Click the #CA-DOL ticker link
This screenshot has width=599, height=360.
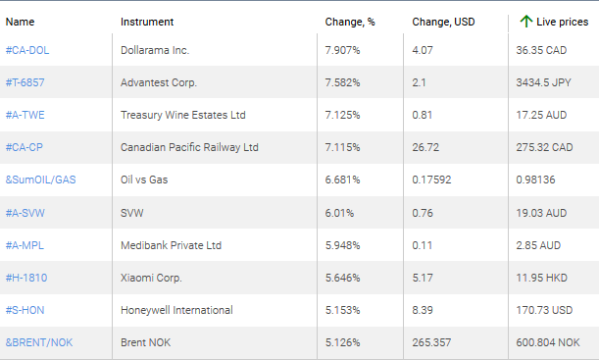click(28, 50)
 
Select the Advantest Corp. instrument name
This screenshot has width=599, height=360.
click(158, 82)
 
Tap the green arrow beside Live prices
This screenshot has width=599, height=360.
click(526, 21)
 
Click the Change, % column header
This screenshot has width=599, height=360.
click(349, 21)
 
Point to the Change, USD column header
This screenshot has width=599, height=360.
click(443, 21)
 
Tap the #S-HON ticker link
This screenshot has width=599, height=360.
click(25, 310)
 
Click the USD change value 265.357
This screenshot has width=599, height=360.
click(433, 342)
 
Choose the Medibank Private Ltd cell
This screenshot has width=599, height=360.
click(171, 245)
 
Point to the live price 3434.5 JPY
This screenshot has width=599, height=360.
click(544, 82)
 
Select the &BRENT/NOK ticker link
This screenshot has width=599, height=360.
click(38, 342)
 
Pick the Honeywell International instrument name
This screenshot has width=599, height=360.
click(176, 310)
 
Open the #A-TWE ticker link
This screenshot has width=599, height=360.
click(25, 115)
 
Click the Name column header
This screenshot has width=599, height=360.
click(20, 21)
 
